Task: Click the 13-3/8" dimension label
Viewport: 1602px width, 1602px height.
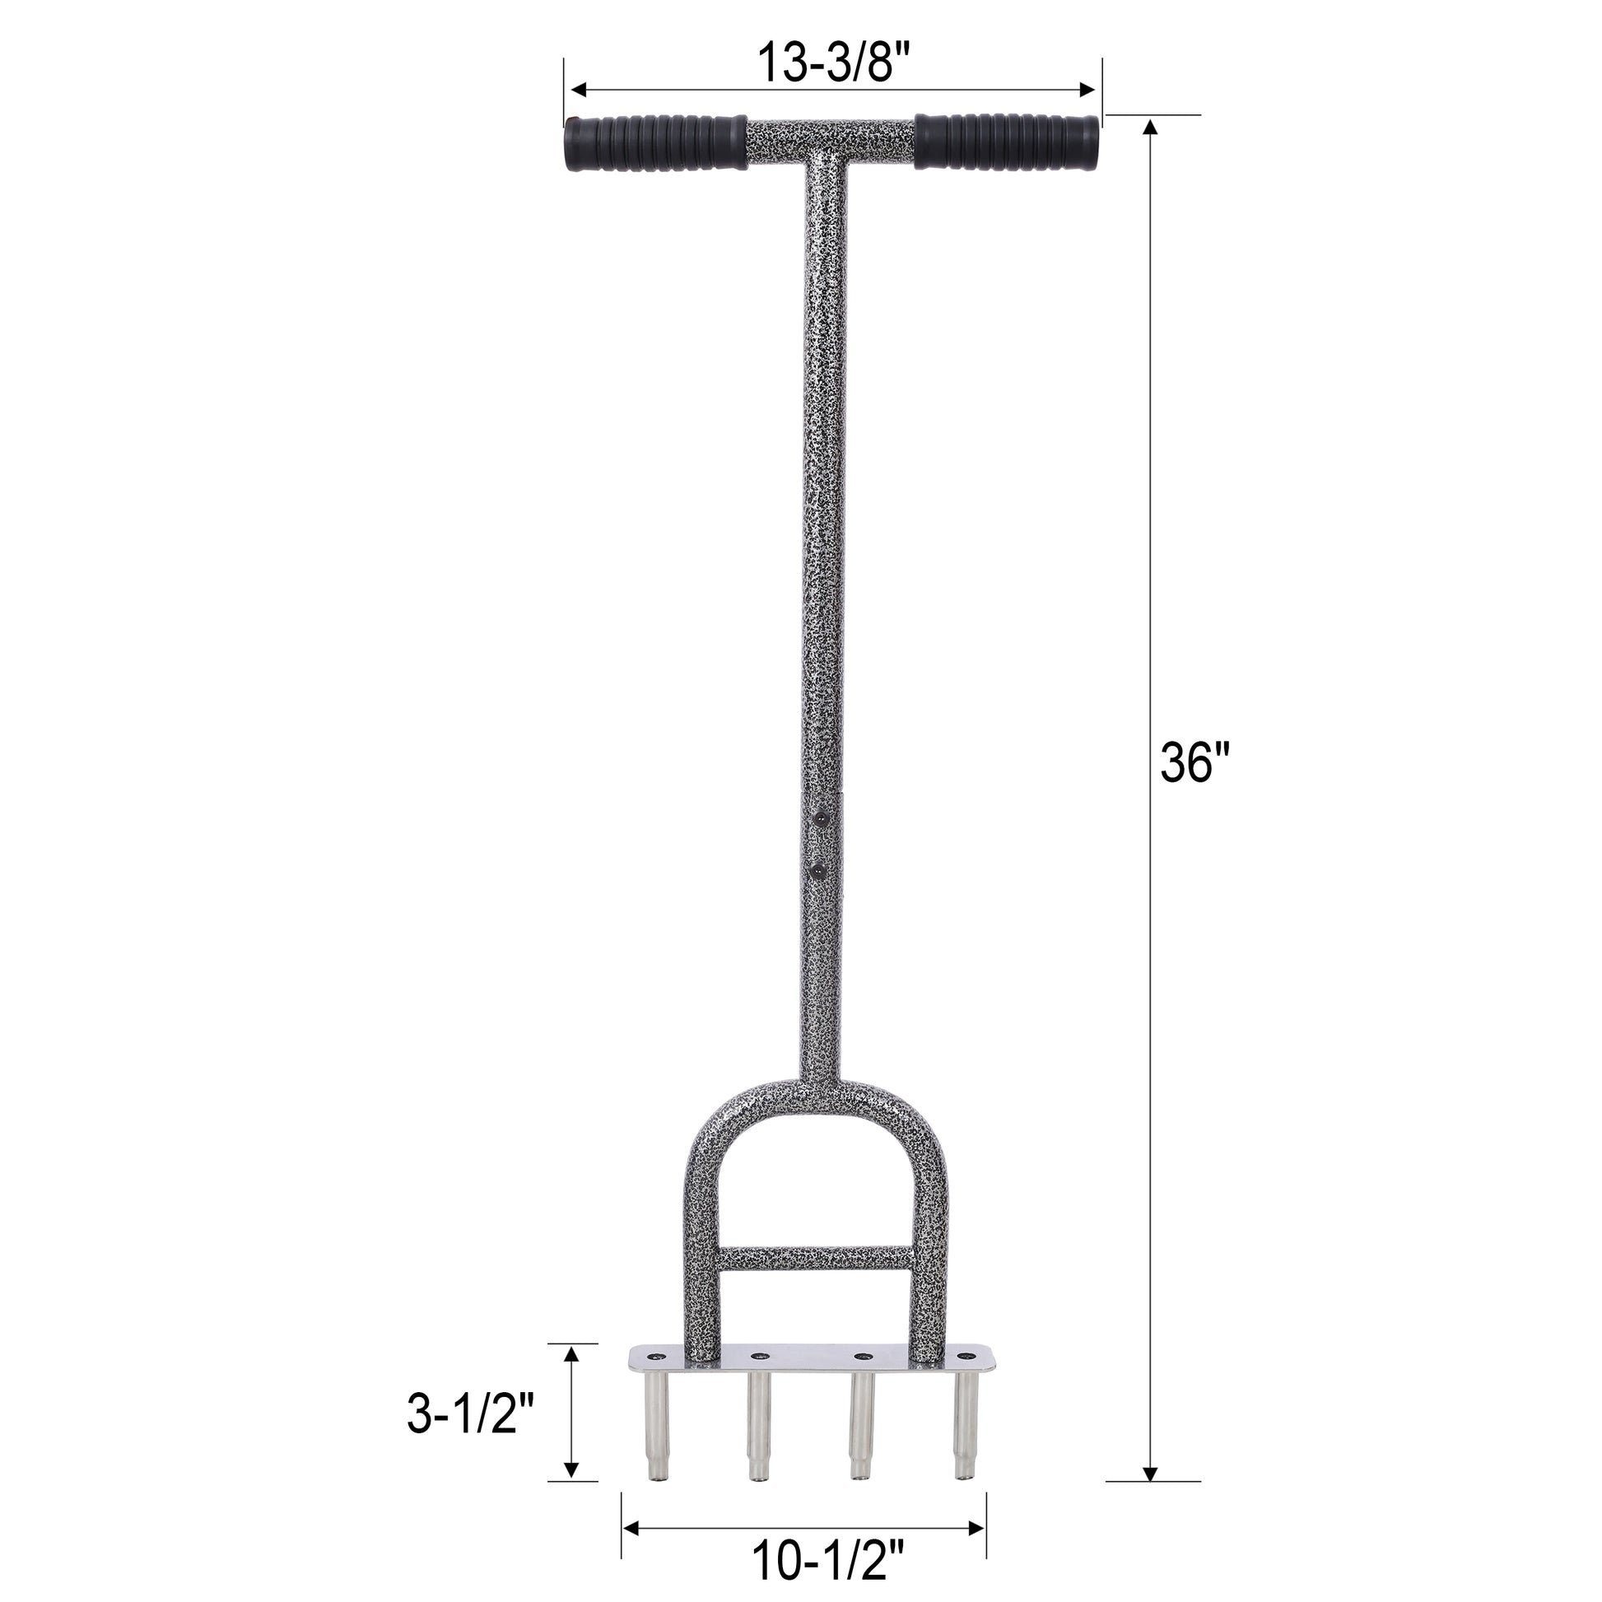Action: point(834,62)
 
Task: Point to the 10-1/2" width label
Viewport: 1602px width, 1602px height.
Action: point(828,1559)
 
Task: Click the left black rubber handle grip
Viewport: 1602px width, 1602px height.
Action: point(655,143)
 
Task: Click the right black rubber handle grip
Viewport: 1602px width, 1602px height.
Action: point(1007,142)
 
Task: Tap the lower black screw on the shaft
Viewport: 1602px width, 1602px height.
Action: point(819,869)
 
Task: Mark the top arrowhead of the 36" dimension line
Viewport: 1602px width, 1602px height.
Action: point(1149,126)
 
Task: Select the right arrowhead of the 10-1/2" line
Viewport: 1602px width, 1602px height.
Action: point(980,1525)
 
